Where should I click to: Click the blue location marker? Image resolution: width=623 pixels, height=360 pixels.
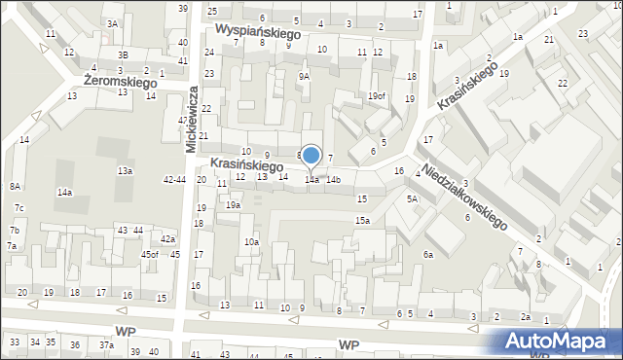(x=311, y=156)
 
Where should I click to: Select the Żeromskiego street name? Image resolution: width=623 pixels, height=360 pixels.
(x=121, y=84)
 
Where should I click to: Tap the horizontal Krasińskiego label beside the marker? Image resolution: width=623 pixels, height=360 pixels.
(x=246, y=164)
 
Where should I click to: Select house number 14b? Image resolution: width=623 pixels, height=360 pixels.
(x=334, y=180)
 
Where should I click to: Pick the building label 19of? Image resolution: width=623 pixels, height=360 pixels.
(x=377, y=95)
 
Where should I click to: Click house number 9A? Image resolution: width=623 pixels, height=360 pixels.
(x=304, y=76)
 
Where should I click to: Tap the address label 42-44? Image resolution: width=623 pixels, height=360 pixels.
(x=175, y=180)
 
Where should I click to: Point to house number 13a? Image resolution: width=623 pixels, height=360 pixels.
(x=125, y=170)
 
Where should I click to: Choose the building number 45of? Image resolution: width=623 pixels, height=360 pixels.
(x=149, y=255)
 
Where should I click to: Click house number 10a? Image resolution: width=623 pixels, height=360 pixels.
(x=251, y=241)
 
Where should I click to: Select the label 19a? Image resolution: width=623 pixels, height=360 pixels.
(x=233, y=205)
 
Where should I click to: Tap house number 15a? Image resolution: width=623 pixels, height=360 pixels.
(x=362, y=221)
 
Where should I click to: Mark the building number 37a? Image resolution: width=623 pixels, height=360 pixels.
(x=106, y=345)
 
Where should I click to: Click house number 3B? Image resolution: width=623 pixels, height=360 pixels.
(x=123, y=55)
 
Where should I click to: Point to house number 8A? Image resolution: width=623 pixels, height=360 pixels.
(x=15, y=186)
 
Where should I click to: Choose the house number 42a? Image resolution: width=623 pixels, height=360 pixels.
(x=168, y=239)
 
